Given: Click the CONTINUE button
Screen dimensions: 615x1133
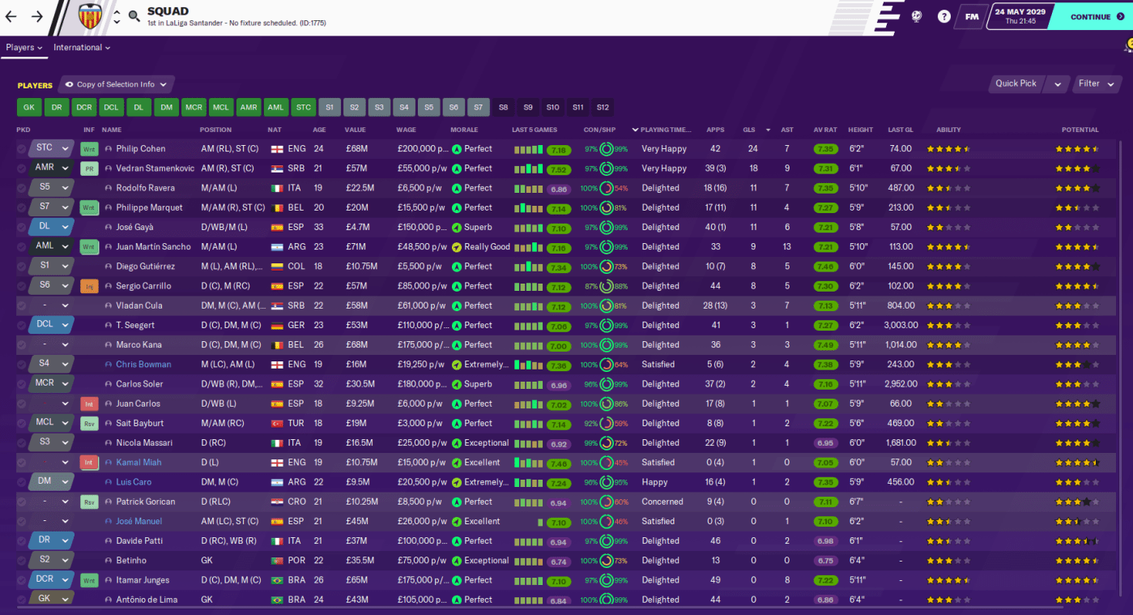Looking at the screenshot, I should pos(1090,16).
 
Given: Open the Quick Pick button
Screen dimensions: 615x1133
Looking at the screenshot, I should pos(1016,83).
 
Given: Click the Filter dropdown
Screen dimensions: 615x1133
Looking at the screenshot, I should pos(1097,83).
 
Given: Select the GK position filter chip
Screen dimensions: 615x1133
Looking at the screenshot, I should pos(29,107).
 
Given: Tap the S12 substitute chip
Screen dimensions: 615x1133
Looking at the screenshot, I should pos(602,107).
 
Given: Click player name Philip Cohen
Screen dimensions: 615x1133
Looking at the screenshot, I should pos(140,149).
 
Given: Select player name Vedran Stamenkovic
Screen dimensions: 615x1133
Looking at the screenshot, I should pos(155,169).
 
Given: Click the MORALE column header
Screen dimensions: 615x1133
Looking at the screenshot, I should pos(464,130).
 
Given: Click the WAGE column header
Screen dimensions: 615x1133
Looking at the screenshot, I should pos(406,130).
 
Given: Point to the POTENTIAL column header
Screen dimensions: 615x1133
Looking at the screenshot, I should pos(1080,130).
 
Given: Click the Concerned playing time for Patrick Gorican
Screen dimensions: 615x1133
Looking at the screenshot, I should pos(662,502).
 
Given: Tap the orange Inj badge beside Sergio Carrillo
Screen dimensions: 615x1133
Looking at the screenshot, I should pos(89,286).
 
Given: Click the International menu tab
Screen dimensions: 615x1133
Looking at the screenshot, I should pos(82,48).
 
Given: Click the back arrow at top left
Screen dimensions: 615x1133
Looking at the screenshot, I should pos(11,16).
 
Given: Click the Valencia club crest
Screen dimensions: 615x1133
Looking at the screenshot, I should pos(90,16).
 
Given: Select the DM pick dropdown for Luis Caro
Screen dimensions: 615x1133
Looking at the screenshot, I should pos(50,482).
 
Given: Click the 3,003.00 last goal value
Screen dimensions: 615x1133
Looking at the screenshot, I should pos(900,325).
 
